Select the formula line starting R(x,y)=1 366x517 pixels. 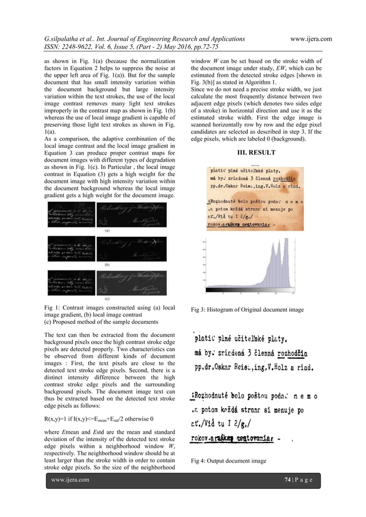point(99,418)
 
